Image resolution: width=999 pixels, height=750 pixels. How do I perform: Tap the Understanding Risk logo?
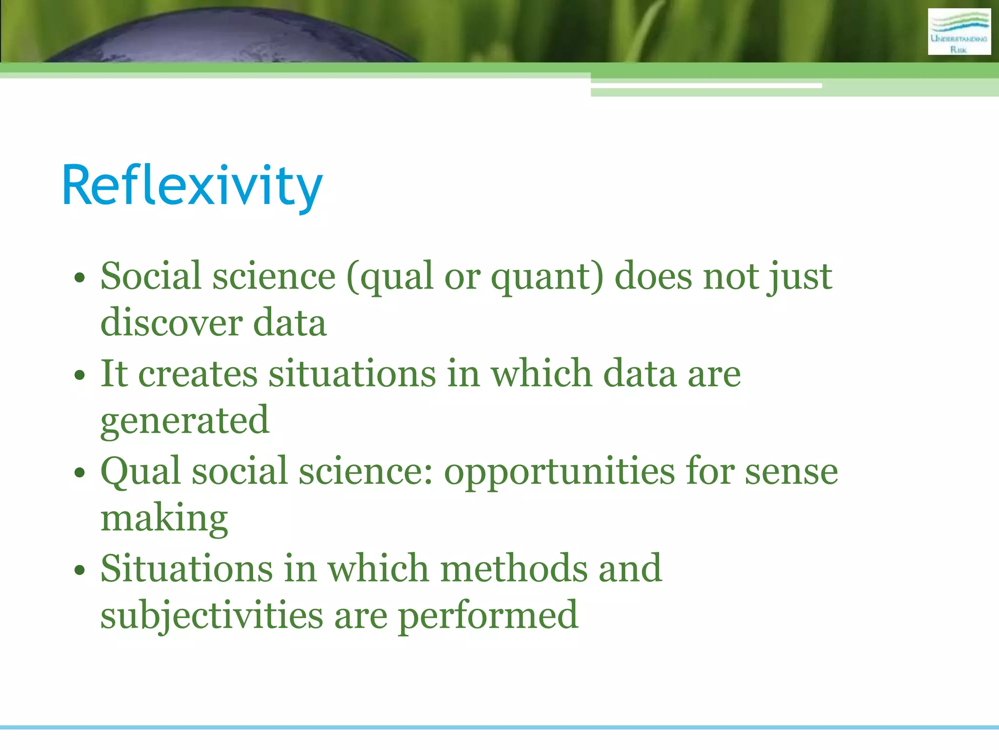click(x=959, y=32)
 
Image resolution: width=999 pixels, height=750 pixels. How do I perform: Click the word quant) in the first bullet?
click(x=547, y=277)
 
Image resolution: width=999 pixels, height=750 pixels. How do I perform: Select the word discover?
click(x=171, y=323)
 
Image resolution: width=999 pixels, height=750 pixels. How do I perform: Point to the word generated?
click(x=184, y=421)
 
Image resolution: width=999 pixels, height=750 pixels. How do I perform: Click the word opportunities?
click(x=559, y=472)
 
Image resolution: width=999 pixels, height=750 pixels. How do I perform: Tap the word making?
click(x=164, y=519)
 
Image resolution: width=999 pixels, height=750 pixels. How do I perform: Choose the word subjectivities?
click(x=211, y=616)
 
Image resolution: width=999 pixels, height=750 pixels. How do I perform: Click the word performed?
click(x=488, y=616)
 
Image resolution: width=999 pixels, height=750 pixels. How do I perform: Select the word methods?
click(x=514, y=569)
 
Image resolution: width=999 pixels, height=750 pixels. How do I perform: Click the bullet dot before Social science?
click(x=80, y=279)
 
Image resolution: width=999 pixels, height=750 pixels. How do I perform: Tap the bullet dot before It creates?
click(x=80, y=376)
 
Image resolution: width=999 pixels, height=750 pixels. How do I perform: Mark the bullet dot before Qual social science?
click(x=80, y=473)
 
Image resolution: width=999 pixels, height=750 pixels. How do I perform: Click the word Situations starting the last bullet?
click(x=186, y=569)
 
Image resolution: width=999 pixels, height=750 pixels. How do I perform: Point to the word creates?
click(x=198, y=374)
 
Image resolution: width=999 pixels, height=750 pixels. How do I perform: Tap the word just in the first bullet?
click(x=799, y=277)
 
